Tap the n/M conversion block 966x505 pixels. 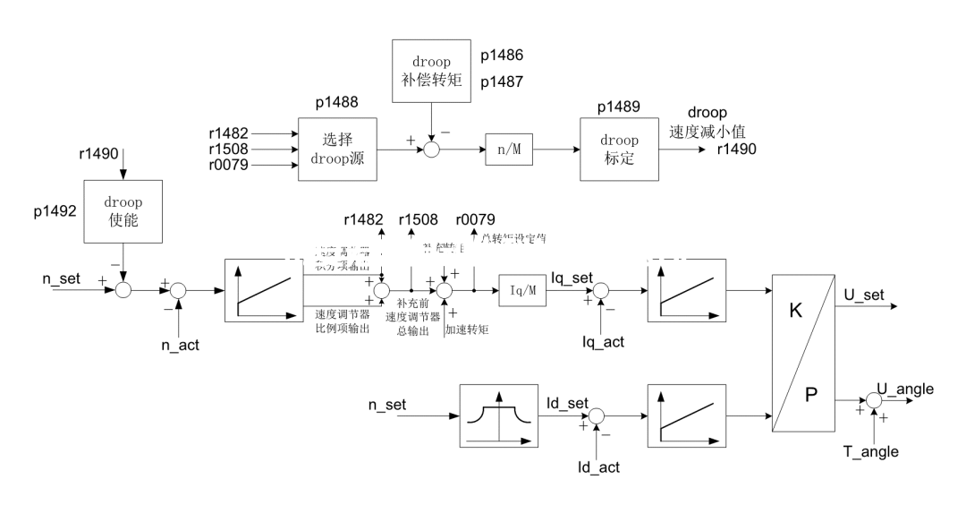tap(509, 149)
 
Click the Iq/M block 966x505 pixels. tap(522, 290)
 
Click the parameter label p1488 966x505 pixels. tap(336, 103)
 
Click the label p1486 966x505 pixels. tap(502, 56)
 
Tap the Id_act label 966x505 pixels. tap(598, 466)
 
